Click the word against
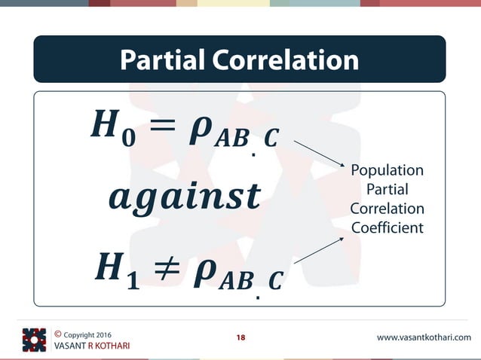tap(184, 197)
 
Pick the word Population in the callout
tap(388, 170)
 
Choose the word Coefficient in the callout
tap(388, 227)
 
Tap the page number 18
tap(240, 337)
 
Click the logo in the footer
tap(34, 340)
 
